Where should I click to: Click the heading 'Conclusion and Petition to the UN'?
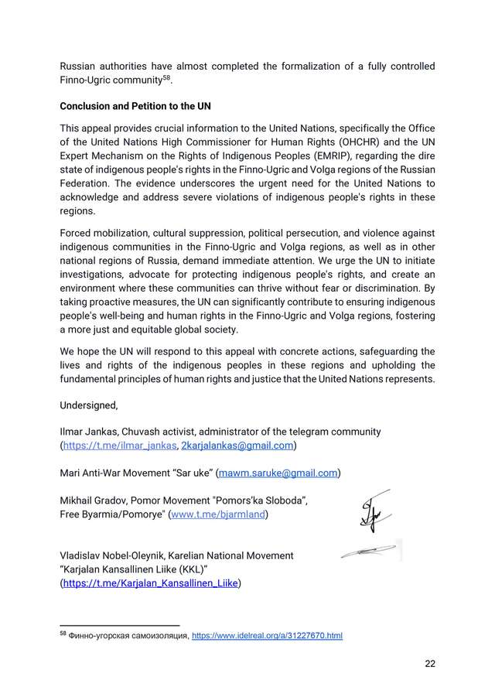(136, 106)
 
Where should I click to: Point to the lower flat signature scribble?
(370, 551)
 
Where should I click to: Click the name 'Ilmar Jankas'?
(89, 431)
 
